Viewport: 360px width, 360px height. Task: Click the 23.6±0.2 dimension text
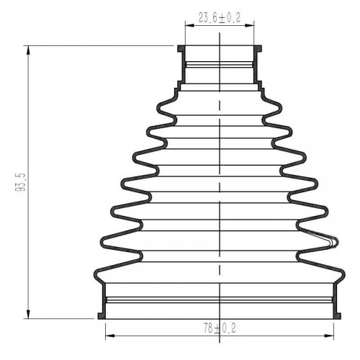pos(220,18)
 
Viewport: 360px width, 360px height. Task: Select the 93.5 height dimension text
pos(20,182)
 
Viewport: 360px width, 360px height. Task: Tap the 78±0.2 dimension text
pos(220,328)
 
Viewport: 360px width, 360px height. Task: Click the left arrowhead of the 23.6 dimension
pos(189,25)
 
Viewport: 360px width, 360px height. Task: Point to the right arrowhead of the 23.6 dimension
pos(249,25)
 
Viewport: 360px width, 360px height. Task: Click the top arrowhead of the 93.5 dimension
pos(28,50)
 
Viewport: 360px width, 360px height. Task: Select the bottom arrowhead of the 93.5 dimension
pos(28,314)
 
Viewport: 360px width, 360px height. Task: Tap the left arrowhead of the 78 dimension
pos(110,336)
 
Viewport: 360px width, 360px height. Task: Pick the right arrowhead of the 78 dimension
pos(329,336)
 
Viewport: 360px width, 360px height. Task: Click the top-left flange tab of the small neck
pos(181,49)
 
